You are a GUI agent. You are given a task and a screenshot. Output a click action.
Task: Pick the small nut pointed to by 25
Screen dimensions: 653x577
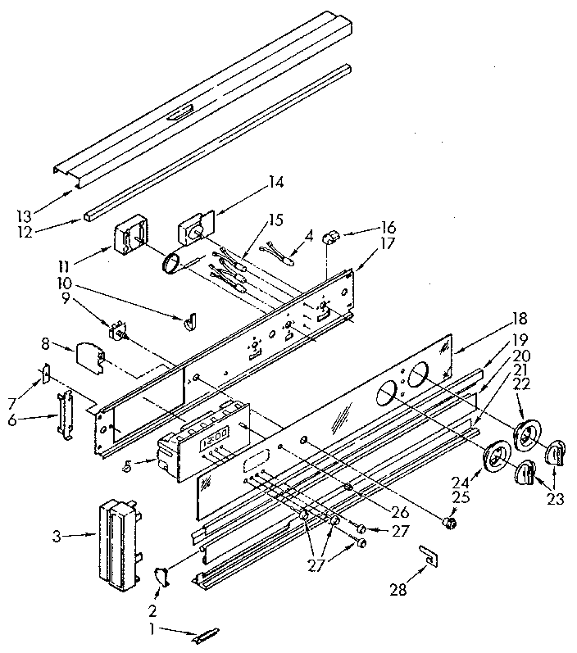[x=448, y=521]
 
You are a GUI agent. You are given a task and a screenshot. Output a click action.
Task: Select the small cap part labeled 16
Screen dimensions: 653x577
[x=331, y=238]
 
